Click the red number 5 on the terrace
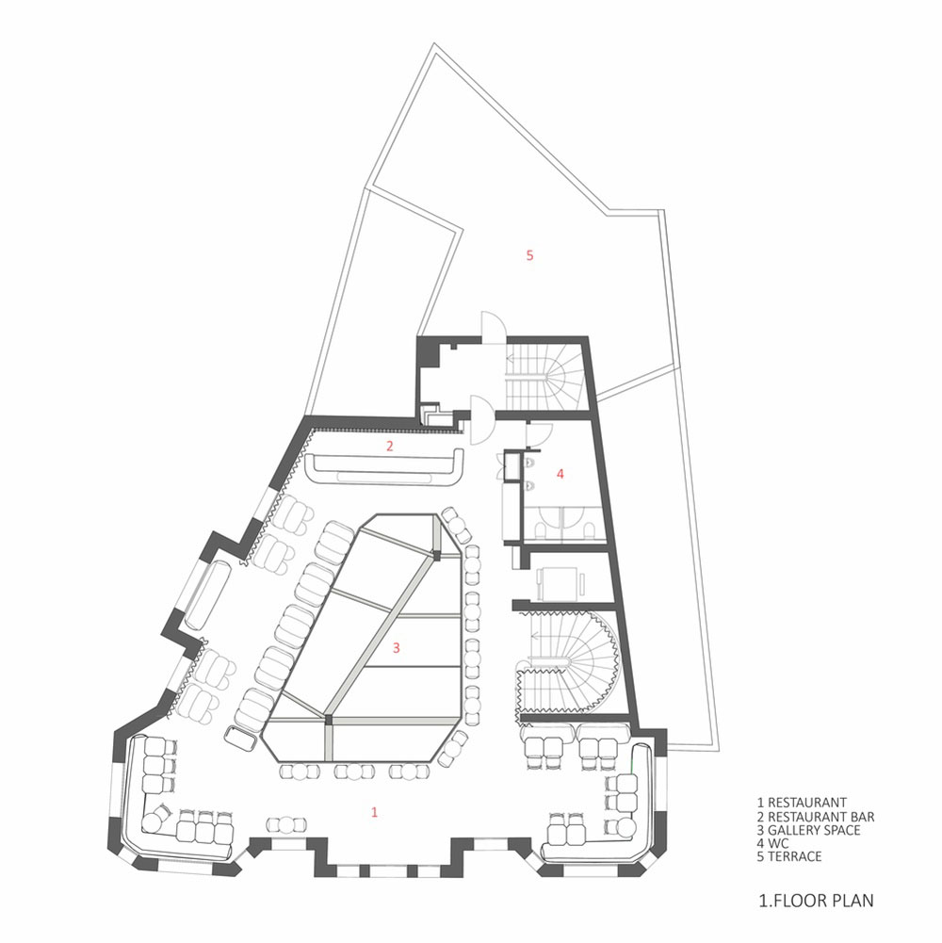[x=529, y=255]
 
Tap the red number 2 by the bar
[x=390, y=446]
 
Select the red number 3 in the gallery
[x=396, y=648]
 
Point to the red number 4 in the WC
[x=560, y=474]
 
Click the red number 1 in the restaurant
[x=374, y=812]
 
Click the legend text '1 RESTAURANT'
[x=802, y=803]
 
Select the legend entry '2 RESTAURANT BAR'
[x=816, y=817]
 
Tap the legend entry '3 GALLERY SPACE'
[x=808, y=830]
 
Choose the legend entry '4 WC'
[x=772, y=843]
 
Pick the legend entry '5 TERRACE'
[x=789, y=856]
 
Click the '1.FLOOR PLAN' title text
[x=817, y=901]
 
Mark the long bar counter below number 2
[x=385, y=469]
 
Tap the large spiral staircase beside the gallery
[x=569, y=660]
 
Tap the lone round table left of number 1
[x=286, y=825]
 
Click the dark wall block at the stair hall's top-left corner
[x=430, y=351]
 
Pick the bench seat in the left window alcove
[x=208, y=594]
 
